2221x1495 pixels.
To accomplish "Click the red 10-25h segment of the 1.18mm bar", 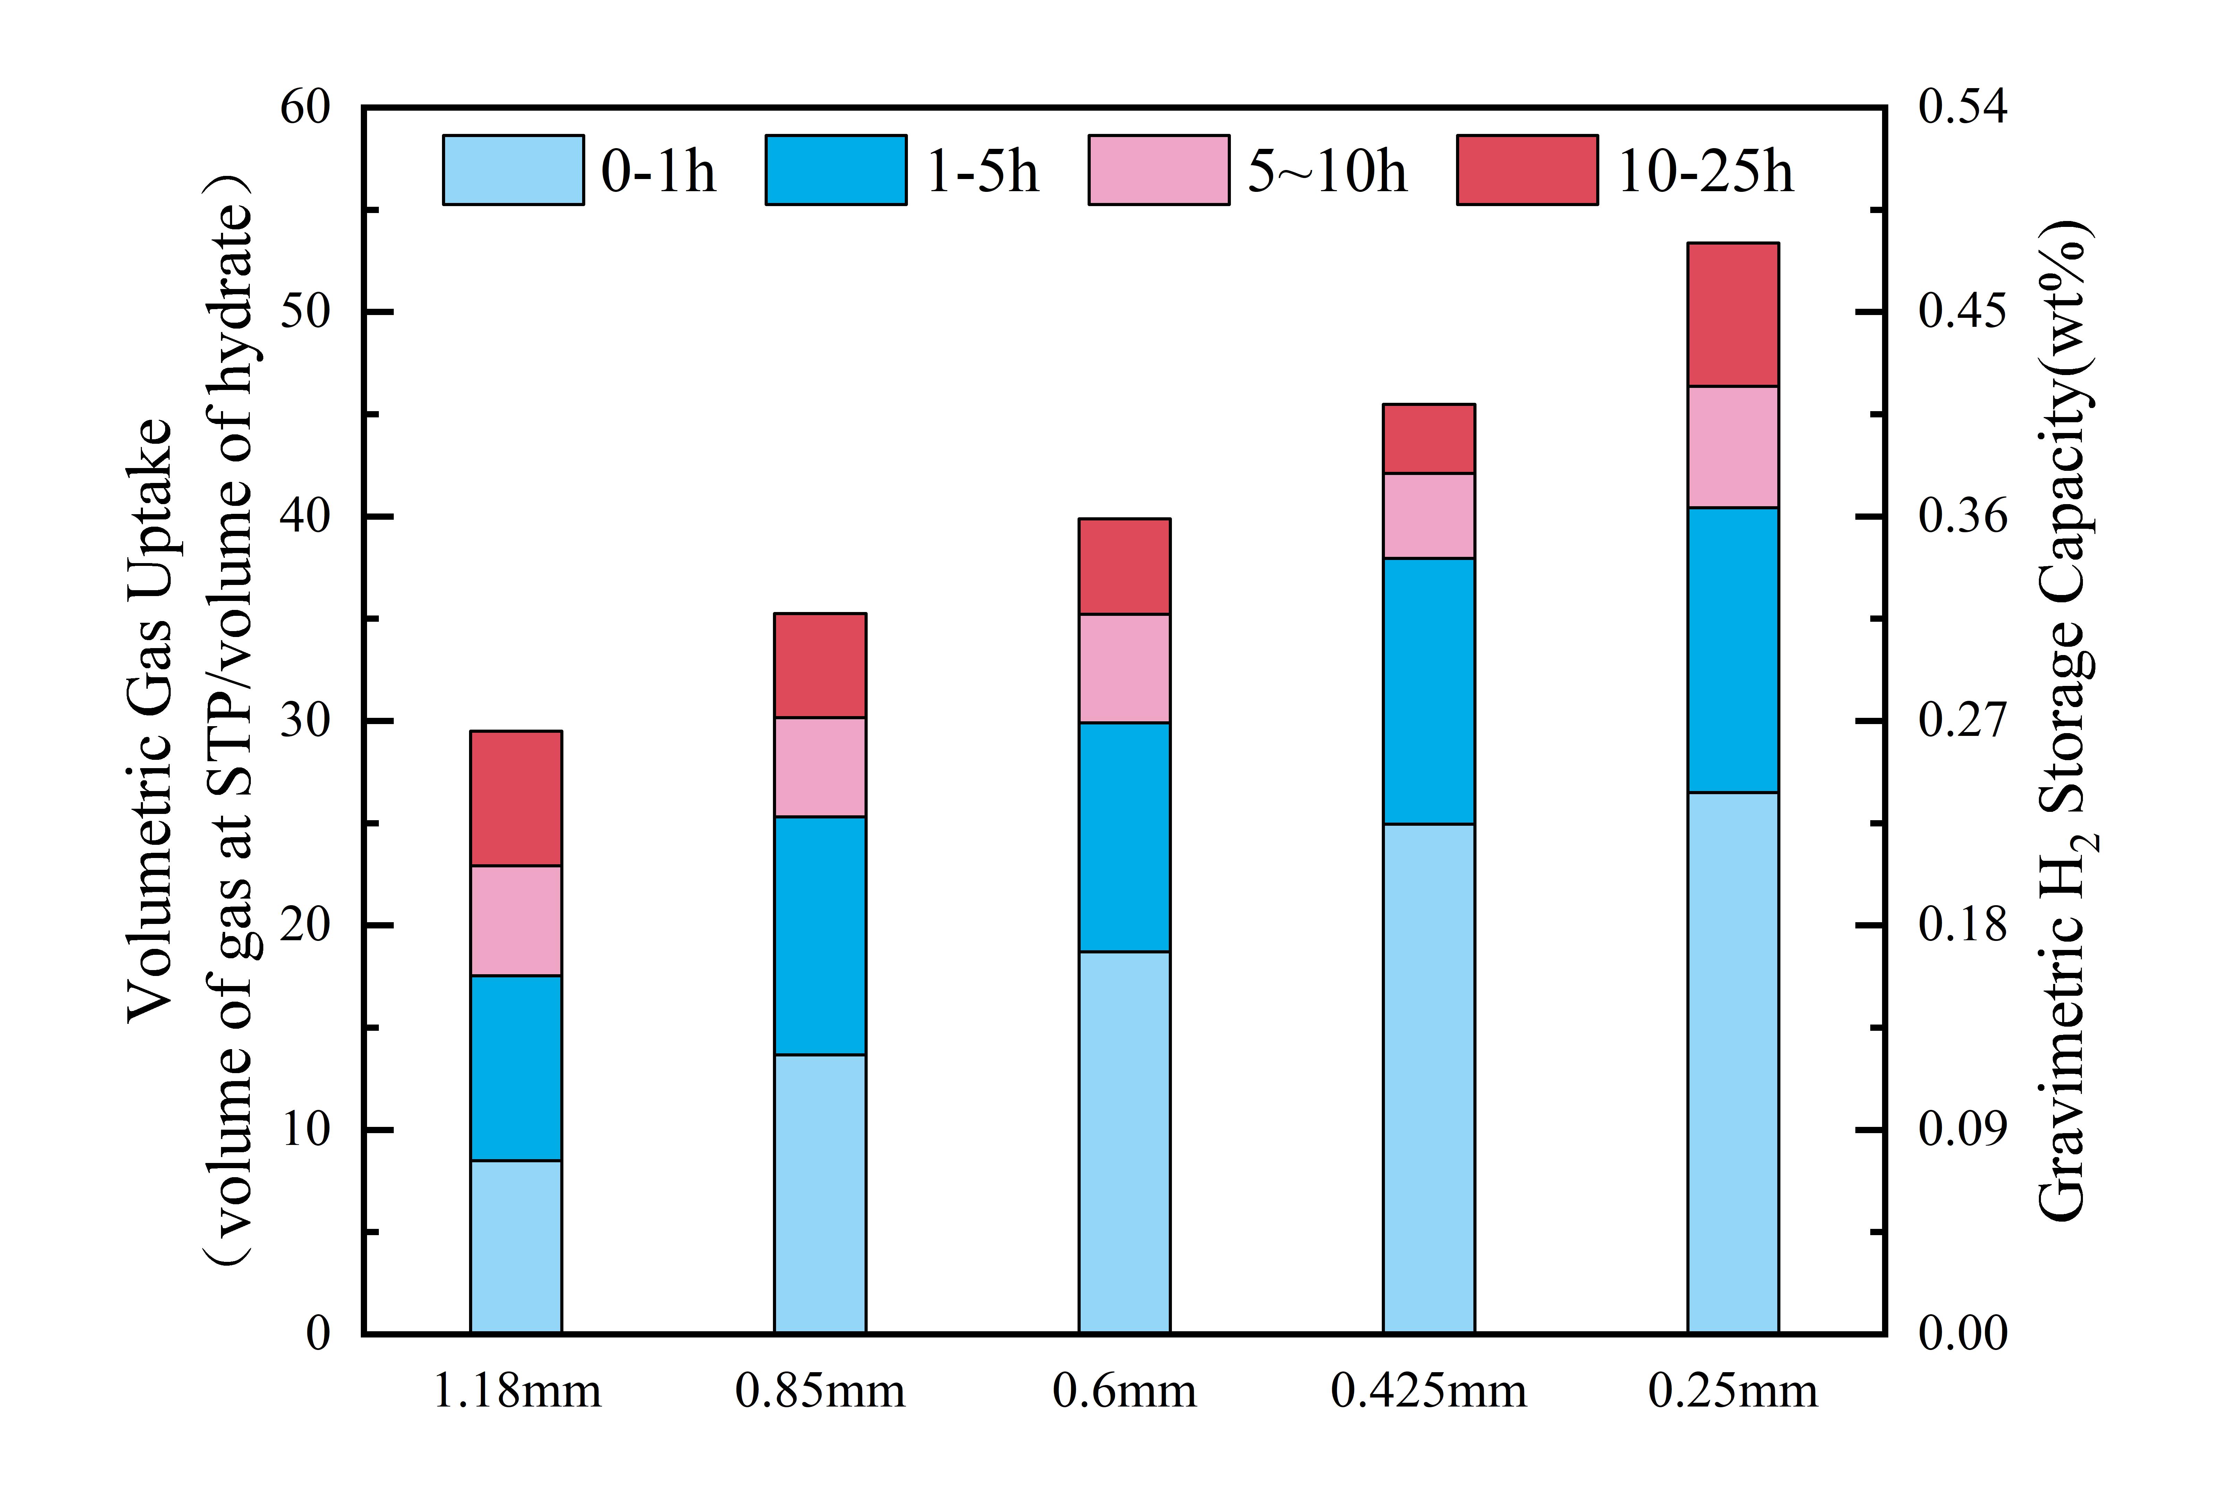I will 516,798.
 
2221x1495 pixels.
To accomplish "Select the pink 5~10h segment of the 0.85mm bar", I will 820,766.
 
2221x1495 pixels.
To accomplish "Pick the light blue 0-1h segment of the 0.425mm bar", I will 1428,1077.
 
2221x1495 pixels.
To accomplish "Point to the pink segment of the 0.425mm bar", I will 1428,515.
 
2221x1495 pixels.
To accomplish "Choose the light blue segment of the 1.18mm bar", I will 516,1246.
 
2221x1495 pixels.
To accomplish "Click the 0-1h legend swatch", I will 513,170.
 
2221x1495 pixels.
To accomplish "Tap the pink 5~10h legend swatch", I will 1158,170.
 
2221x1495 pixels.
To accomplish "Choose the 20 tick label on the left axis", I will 305,925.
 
